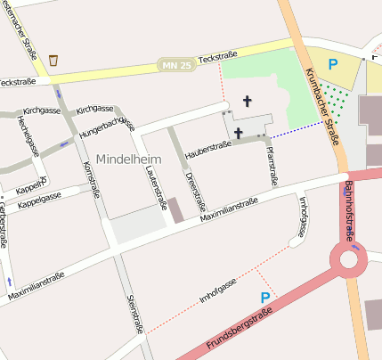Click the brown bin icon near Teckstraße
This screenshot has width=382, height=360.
pos(54,60)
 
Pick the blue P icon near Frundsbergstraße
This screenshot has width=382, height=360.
pos(264,297)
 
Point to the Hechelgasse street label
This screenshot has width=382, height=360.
pos(26,138)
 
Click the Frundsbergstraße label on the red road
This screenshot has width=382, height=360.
pos(239,331)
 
